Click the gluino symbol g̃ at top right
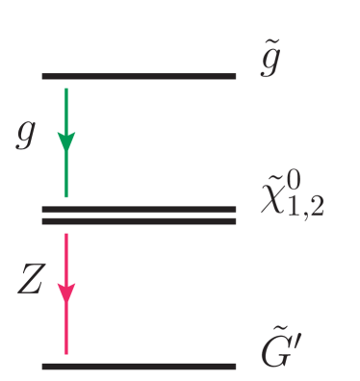pyautogui.click(x=271, y=69)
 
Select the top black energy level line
pyautogui.click(x=139, y=75)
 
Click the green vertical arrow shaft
pyautogui.click(x=65, y=173)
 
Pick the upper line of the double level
pyautogui.click(x=139, y=209)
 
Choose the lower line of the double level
pyautogui.click(x=139, y=220)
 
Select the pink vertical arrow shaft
pyautogui.click(x=65, y=327)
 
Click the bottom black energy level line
pyautogui.click(x=139, y=366)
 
